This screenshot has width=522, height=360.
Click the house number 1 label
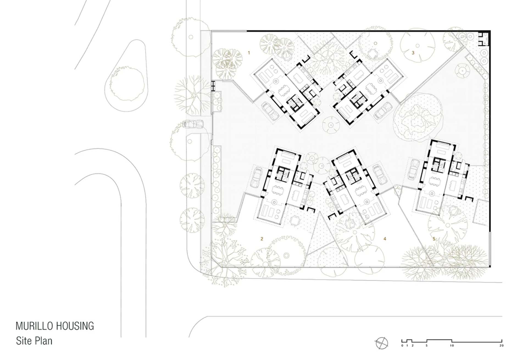point(249,53)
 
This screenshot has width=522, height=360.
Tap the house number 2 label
point(262,239)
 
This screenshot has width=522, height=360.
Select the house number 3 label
point(413,53)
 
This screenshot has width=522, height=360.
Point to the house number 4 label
point(385,239)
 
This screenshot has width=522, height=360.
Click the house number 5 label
point(434,239)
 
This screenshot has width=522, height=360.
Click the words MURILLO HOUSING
point(55,326)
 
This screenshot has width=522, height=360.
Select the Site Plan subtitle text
point(34,341)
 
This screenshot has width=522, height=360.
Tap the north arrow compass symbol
point(382,343)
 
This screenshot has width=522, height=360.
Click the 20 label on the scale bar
point(501,345)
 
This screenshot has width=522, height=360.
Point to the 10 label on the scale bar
point(452,345)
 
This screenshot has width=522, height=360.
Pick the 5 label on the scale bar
point(427,345)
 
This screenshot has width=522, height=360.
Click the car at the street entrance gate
point(193,124)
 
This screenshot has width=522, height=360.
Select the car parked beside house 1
point(271,111)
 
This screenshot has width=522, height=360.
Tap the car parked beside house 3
point(383,111)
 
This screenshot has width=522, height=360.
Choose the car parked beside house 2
point(257,177)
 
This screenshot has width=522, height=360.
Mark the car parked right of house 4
point(380,174)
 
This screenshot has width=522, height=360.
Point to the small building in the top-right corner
point(484,39)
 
